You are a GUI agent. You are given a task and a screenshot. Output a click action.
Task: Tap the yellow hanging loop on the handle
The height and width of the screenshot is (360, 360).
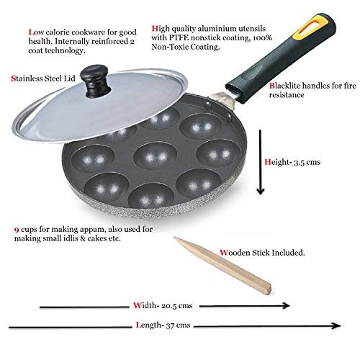311,26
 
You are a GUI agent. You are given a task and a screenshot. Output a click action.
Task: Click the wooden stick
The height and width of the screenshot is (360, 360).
222,266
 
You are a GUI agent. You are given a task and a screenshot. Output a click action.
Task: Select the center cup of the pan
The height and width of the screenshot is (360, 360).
156,156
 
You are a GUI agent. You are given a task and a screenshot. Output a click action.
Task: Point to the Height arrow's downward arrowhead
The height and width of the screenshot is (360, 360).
261,191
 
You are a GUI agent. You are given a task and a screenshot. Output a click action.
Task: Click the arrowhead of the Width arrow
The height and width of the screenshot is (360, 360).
286,305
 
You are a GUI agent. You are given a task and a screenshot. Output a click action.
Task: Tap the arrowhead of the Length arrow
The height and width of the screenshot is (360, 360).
336,325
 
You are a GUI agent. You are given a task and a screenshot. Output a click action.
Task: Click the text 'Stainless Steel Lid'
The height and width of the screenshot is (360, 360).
43,78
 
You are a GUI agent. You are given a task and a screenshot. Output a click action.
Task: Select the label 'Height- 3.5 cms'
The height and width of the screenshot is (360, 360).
292,162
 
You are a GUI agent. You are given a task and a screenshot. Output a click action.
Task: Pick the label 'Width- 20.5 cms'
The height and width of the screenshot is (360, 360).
163,305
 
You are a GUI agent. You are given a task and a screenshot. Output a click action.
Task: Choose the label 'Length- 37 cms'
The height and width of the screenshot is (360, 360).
163,325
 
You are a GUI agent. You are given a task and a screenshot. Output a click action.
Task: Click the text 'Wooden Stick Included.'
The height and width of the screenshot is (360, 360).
262,253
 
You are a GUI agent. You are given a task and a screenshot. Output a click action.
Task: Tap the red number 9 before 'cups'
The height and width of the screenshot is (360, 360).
17,230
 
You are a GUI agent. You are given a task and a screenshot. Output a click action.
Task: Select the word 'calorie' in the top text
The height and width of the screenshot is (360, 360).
58,32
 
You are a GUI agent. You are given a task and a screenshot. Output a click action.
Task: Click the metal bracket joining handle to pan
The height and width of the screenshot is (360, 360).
221,99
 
